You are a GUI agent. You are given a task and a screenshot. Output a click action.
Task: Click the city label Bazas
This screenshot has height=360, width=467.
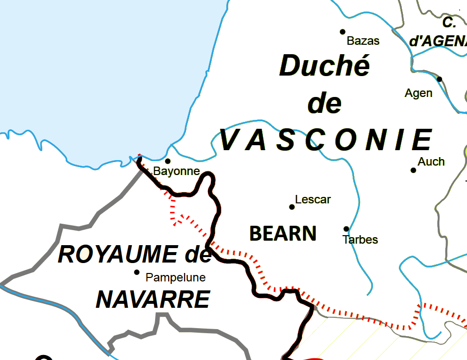363,41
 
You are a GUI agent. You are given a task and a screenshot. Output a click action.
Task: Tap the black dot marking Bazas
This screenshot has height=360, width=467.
343,32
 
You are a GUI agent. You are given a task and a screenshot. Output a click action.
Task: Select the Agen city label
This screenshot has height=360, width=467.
418,93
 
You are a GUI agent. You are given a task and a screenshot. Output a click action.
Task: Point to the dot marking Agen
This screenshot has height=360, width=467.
439,79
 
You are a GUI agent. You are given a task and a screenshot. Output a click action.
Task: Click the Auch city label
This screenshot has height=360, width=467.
431,162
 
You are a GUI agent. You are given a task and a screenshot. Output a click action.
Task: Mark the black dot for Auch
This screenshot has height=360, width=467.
413,170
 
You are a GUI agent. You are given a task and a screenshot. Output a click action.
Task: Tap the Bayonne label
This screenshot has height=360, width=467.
177,172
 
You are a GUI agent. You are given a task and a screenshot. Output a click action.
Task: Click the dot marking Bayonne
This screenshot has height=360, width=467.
168,161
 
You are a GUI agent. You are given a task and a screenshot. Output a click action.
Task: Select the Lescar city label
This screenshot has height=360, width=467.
313,199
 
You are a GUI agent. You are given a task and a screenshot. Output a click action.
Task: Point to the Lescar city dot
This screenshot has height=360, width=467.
292,207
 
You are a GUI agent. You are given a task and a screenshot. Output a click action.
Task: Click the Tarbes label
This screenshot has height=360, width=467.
360,240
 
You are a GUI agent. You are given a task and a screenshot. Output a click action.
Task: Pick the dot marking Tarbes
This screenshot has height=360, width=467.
346,229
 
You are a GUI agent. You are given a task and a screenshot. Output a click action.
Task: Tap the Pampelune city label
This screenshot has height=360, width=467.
176,277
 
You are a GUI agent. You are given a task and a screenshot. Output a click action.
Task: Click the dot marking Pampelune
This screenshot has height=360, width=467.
137,272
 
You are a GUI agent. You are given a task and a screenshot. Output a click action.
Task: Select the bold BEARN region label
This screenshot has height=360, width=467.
282,233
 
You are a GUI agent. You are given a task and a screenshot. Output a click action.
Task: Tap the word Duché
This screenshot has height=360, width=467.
325,66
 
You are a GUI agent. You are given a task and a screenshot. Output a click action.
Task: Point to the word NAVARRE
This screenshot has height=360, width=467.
153,299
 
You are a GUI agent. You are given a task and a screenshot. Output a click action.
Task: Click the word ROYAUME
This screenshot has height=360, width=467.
117,254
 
